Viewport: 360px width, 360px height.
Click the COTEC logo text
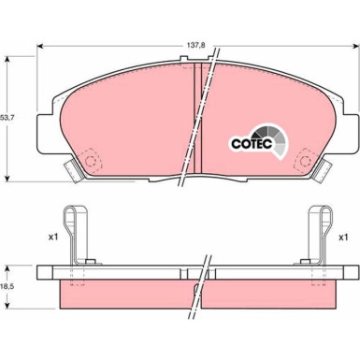251,143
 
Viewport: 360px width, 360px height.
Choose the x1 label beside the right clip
343,238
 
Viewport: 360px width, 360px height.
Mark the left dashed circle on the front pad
92,160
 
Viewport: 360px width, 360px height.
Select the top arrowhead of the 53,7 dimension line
9,57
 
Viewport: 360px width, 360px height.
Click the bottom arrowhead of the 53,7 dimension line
9,179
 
